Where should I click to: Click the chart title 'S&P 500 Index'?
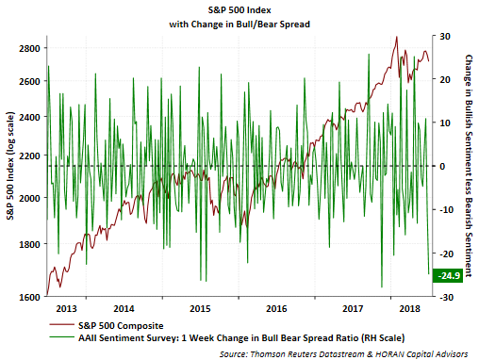pyautogui.click(x=239, y=10)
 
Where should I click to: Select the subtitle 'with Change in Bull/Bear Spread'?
pyautogui.click(x=239, y=25)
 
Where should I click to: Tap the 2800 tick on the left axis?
pyautogui.click(x=29, y=48)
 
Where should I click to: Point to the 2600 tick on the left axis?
pyautogui.click(x=29, y=81)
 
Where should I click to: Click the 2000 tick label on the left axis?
pyautogui.click(x=29, y=198)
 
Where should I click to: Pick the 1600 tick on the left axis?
pyautogui.click(x=29, y=297)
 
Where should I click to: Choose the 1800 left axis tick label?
pyautogui.click(x=29, y=244)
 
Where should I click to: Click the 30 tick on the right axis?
pyautogui.click(x=445, y=37)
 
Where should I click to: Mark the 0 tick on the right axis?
pyautogui.click(x=442, y=166)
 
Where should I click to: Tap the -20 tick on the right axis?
pyautogui.click(x=447, y=254)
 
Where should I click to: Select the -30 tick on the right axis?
pyautogui.click(x=447, y=297)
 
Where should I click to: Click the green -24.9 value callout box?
pyautogui.click(x=448, y=275)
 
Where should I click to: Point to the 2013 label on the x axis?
pyautogui.click(x=66, y=309)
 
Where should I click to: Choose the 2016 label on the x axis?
pyautogui.click(x=276, y=309)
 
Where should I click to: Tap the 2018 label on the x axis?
pyautogui.click(x=409, y=309)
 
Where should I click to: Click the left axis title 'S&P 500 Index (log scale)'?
pyautogui.click(x=10, y=166)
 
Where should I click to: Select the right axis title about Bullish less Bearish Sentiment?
pyautogui.click(x=469, y=166)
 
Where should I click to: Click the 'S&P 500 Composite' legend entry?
pyautogui.click(x=107, y=326)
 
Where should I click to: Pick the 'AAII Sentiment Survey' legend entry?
pyautogui.click(x=227, y=338)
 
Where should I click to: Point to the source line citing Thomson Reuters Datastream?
pyautogui.click(x=343, y=354)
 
